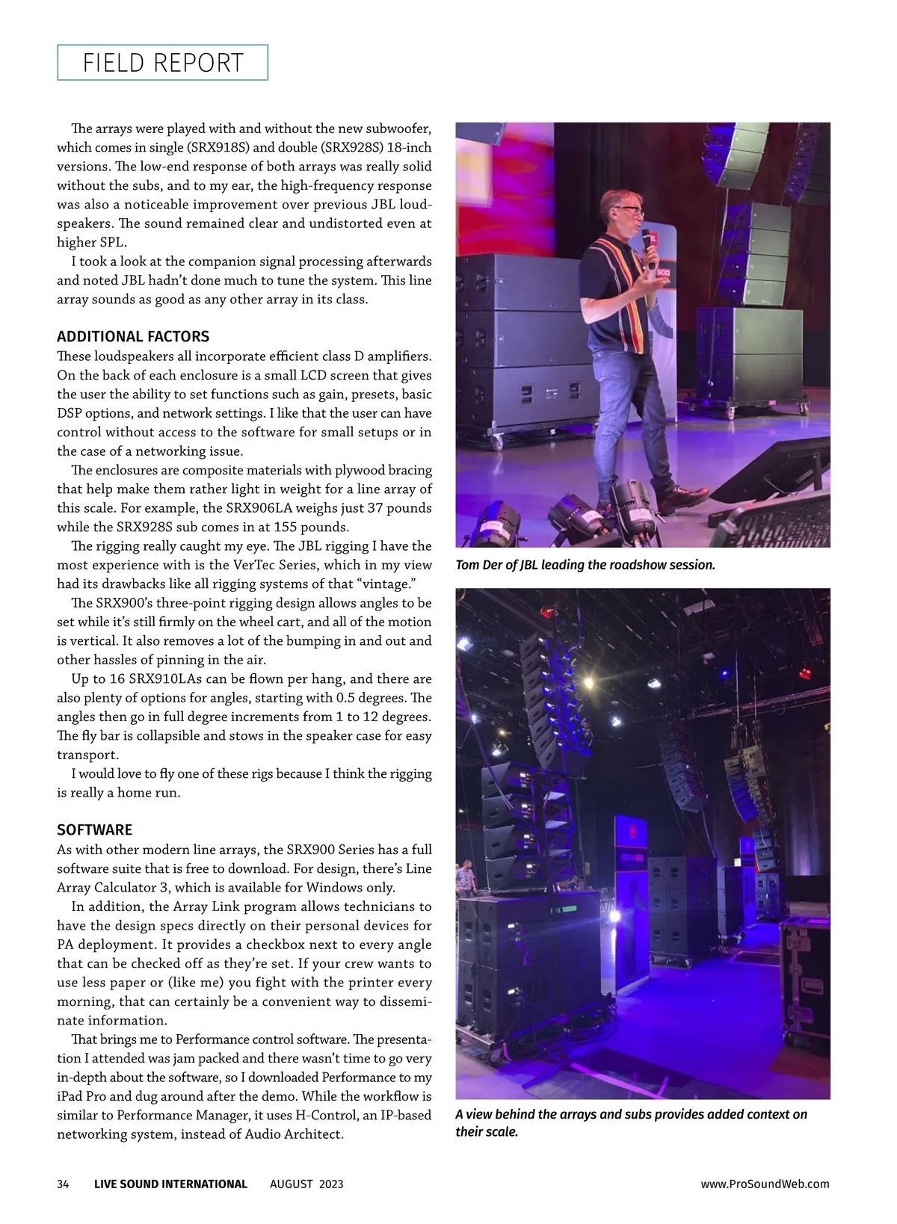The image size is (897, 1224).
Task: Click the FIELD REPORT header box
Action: [162, 63]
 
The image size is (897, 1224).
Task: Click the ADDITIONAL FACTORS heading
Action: [133, 336]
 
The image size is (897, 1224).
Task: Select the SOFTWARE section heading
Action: [94, 829]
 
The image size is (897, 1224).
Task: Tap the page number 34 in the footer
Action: [63, 1184]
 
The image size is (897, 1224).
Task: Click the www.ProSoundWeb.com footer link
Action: [765, 1184]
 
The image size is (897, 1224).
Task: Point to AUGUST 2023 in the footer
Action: [306, 1184]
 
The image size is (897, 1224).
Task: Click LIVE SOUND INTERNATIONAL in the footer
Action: [170, 1184]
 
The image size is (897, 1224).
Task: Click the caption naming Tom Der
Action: [585, 565]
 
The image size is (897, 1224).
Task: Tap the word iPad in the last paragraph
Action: [71, 1096]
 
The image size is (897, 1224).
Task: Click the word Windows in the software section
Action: [335, 888]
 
